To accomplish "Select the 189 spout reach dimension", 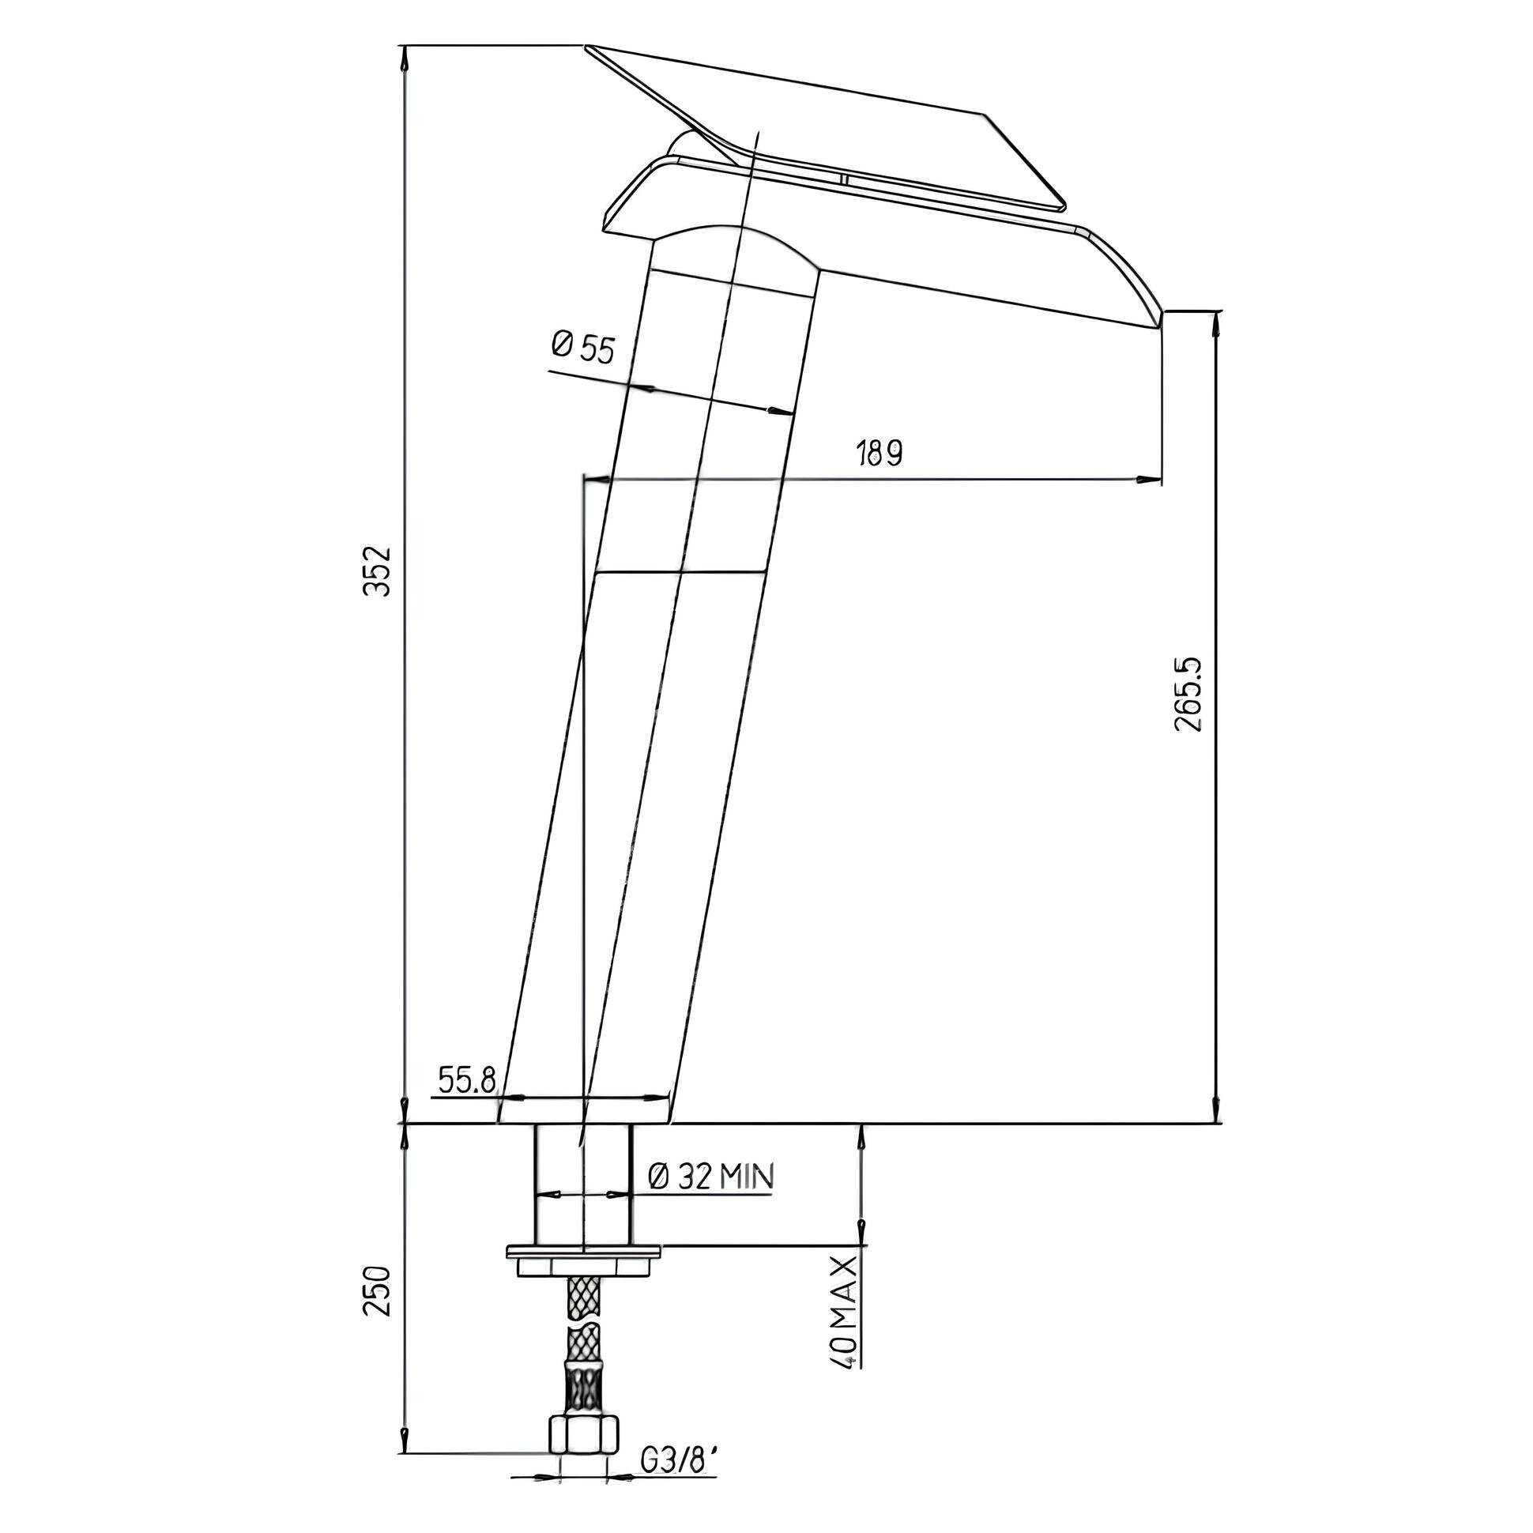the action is (879, 453).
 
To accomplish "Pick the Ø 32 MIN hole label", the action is (711, 1177).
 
